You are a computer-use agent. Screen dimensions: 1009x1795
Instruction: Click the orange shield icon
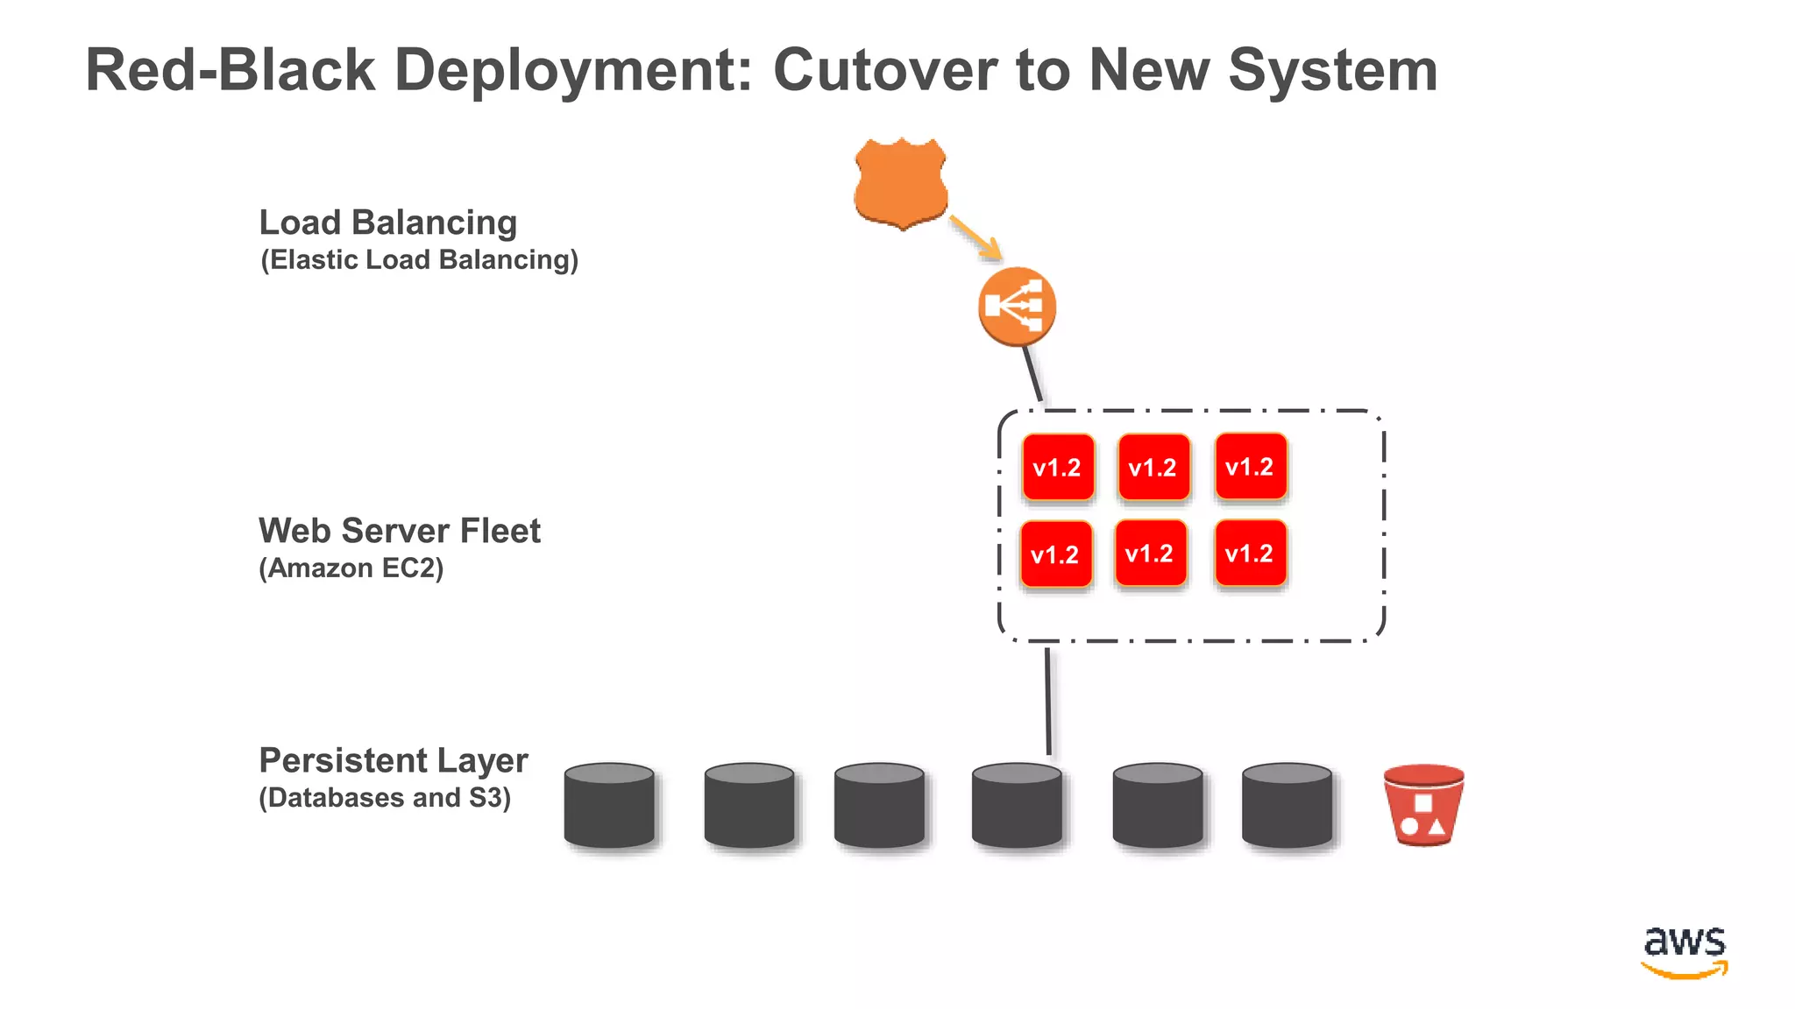click(901, 182)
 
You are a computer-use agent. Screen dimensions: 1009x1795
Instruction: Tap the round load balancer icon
click(1017, 306)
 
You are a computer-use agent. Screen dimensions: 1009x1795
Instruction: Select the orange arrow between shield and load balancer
click(976, 237)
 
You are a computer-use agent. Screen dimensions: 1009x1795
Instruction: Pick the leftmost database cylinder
click(609, 805)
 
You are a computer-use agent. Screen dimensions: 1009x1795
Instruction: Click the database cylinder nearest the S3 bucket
click(1287, 805)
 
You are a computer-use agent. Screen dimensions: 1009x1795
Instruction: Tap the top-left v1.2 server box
click(1058, 468)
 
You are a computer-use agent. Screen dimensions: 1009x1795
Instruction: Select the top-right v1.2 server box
click(1250, 467)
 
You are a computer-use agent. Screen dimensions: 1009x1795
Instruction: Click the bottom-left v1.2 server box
click(1056, 554)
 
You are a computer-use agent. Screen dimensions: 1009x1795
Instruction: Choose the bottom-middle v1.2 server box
click(1150, 554)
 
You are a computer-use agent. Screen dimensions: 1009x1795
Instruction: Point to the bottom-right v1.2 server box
click(1250, 554)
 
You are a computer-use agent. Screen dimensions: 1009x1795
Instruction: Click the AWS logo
click(1684, 951)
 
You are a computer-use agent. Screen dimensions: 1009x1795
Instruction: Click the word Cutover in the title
click(884, 70)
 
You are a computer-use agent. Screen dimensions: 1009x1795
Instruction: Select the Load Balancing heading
click(388, 222)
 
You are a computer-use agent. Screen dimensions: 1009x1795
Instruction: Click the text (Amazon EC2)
click(351, 568)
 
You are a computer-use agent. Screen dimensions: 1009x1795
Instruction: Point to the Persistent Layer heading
click(393, 760)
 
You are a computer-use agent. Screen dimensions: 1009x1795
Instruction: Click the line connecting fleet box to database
click(1047, 701)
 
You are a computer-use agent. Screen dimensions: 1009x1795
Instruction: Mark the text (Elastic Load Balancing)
click(419, 260)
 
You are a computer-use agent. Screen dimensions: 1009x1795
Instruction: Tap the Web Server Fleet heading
click(399, 531)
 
